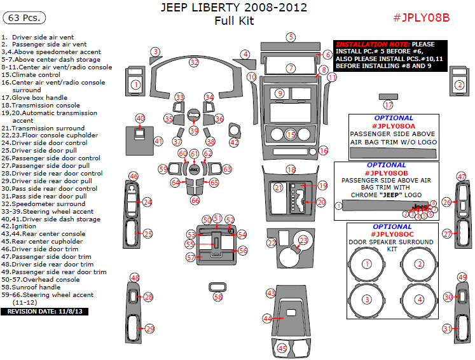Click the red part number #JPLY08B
pos(422,17)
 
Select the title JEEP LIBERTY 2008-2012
pos(234,8)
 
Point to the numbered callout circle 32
pos(194,62)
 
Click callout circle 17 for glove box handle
pos(388,105)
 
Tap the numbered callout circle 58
pos(218,297)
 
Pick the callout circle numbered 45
pos(283,349)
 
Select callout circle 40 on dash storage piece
pos(141,118)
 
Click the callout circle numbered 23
pos(303,240)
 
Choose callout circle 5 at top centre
pos(291,37)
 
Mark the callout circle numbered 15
pos(291,135)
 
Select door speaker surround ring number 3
pos(366,300)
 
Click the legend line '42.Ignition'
pos(19,226)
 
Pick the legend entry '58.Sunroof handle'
pos(36,287)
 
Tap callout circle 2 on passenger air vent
pos(459,85)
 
